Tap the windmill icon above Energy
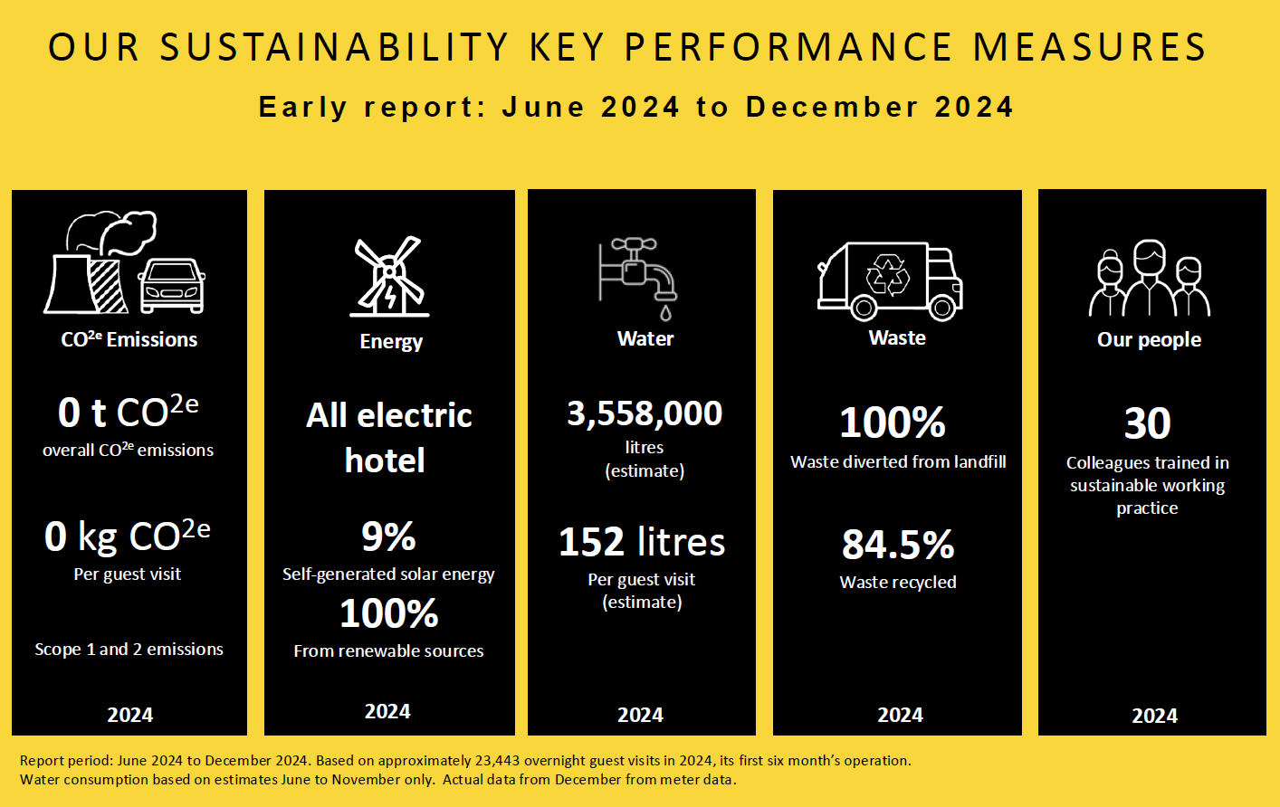coord(389,277)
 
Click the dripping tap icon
coord(639,277)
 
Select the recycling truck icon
coord(890,280)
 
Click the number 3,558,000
coord(645,413)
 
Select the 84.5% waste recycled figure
coord(898,545)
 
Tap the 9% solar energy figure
coord(388,536)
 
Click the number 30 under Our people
coord(1148,423)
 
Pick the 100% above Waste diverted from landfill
coord(893,422)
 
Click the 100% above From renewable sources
coord(389,614)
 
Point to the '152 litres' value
coord(642,542)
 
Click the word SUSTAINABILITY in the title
coord(335,48)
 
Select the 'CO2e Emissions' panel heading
coord(129,340)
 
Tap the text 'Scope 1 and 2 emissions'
coord(129,650)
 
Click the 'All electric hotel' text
coord(388,438)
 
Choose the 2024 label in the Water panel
coord(640,716)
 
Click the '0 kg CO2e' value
coord(128,536)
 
